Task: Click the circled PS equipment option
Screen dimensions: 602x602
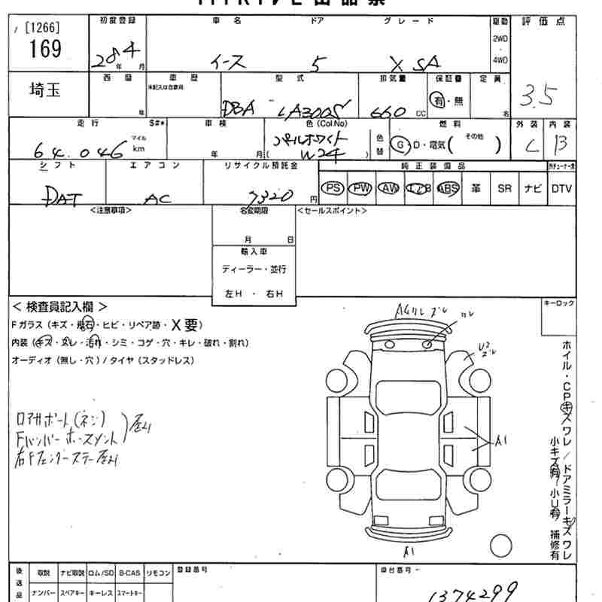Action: (331, 188)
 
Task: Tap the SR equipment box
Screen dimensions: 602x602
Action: (504, 188)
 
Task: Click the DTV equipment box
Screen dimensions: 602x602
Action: (561, 188)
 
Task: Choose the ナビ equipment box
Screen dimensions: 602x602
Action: (533, 188)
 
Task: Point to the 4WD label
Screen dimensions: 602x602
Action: (500, 59)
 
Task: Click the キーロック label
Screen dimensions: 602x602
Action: (558, 303)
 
